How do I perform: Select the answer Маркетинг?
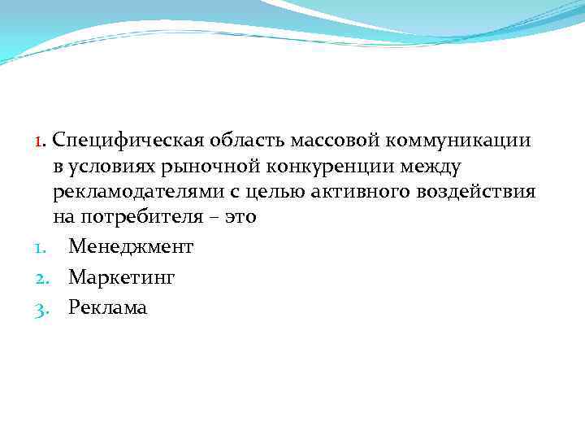tap(122, 277)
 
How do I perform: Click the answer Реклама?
tap(108, 307)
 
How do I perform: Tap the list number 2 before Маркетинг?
tap(42, 278)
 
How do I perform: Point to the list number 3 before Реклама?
tap(42, 308)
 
